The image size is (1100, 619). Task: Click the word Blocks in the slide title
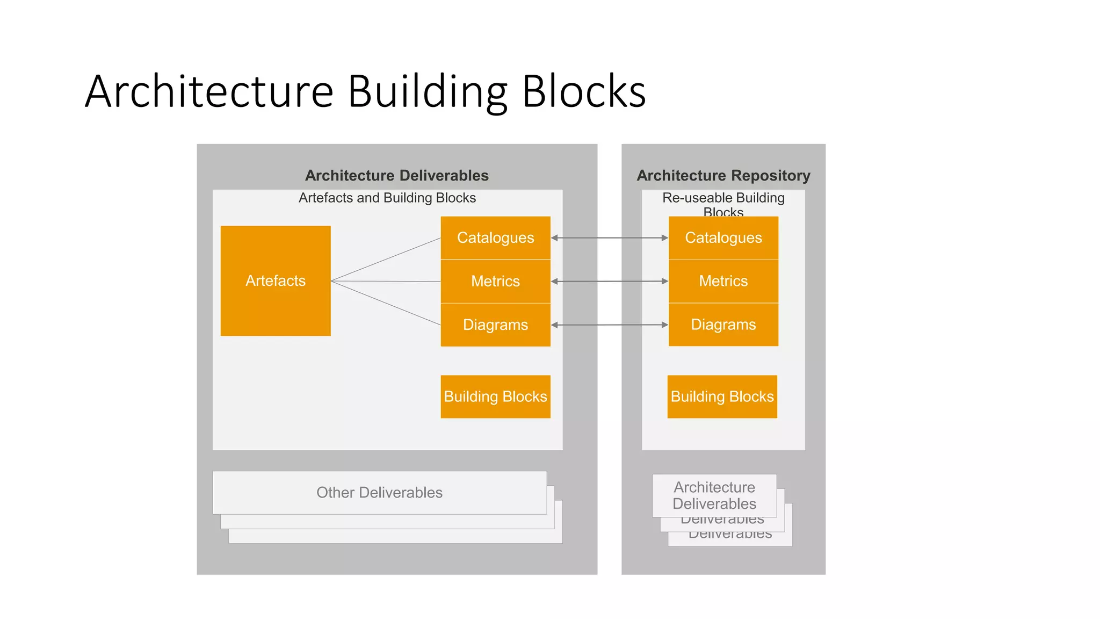(584, 91)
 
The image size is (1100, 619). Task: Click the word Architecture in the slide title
(209, 91)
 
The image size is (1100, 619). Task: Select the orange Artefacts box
(276, 280)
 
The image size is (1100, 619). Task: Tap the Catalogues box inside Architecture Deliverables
(495, 237)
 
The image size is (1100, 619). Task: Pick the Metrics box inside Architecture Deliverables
(495, 281)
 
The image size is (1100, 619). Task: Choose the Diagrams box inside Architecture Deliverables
(495, 325)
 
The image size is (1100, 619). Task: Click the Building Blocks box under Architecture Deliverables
(495, 397)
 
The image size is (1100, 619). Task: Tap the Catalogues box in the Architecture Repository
(723, 237)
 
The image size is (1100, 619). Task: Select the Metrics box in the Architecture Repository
(723, 281)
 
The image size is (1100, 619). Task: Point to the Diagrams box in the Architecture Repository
(723, 325)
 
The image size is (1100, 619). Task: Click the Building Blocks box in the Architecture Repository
(722, 397)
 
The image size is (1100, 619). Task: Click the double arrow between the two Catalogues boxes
(610, 237)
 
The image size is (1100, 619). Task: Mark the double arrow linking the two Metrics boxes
(610, 281)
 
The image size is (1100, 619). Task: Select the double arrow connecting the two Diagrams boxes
(610, 325)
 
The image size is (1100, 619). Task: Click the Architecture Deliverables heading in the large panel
(396, 175)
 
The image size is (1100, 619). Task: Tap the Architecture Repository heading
(723, 175)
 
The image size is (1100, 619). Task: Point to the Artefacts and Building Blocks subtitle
(387, 198)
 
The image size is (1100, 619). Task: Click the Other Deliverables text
(379, 492)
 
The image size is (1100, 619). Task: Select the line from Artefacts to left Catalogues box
(386, 260)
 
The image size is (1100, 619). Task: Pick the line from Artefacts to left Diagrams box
(386, 303)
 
